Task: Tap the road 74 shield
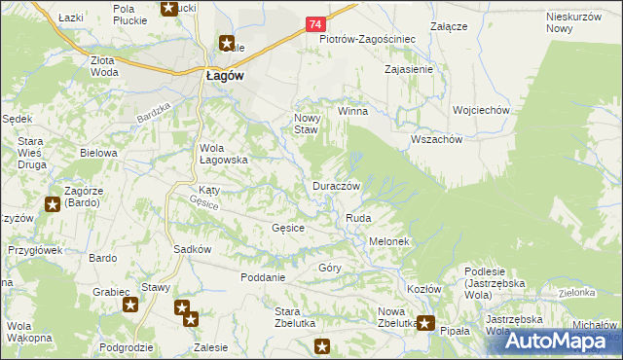[x=314, y=23]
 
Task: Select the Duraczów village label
[x=337, y=186]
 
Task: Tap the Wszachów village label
[x=436, y=139]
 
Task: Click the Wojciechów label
[x=481, y=111]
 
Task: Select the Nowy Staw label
[x=307, y=123]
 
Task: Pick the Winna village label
[x=352, y=111]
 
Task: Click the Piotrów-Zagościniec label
[x=368, y=40]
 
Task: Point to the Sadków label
[x=193, y=249]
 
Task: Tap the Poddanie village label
[x=263, y=277]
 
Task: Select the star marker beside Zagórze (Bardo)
[x=53, y=204]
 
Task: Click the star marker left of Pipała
[x=425, y=323]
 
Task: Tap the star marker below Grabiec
[x=131, y=306]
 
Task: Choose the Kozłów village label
[x=424, y=289]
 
